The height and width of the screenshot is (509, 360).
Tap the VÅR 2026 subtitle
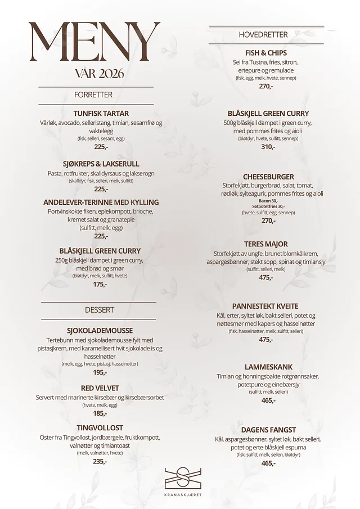[99, 74]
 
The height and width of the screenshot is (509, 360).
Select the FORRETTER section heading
[93, 95]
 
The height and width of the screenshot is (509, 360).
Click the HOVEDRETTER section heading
[263, 35]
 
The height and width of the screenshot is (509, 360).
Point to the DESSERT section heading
[100, 310]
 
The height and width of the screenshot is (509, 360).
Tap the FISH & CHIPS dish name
[266, 53]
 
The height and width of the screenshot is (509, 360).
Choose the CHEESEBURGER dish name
[268, 177]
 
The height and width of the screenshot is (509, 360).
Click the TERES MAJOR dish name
[266, 244]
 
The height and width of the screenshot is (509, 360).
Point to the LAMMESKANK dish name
[268, 367]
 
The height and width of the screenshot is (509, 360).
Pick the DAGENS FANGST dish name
[268, 430]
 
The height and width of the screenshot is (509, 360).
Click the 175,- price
[100, 285]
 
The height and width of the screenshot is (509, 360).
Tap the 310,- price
[268, 147]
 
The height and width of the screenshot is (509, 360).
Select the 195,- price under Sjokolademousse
[100, 372]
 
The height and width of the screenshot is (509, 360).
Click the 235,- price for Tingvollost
[100, 461]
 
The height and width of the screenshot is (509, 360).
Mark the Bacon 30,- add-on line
[268, 201]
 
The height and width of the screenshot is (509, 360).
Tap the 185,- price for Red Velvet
[100, 413]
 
